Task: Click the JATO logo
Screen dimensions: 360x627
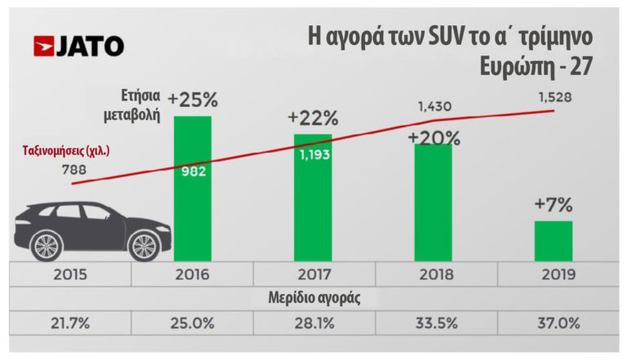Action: pyautogui.click(x=78, y=47)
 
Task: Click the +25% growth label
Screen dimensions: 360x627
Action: pyautogui.click(x=193, y=101)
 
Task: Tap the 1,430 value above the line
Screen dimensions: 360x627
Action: pyautogui.click(x=434, y=107)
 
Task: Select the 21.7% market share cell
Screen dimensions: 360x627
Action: pyautogui.click(x=70, y=323)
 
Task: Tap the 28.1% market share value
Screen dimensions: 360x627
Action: pyautogui.click(x=313, y=323)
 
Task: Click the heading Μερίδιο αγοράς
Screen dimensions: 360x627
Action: pyautogui.click(x=313, y=299)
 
